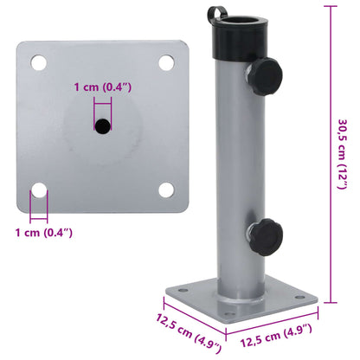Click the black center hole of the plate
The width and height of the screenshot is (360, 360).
pos(103,126)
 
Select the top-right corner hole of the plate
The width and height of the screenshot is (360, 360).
pos(164,62)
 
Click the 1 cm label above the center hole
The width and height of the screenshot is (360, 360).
pos(102,87)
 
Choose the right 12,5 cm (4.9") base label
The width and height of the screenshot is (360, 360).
pos(273,330)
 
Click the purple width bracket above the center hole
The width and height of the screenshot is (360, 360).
pos(103,101)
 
